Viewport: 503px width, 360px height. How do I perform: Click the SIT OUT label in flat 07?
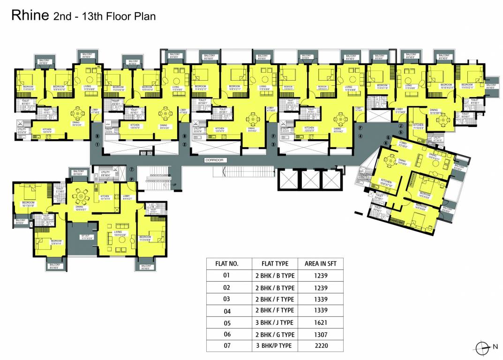87,237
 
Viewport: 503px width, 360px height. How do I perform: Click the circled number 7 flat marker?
132,169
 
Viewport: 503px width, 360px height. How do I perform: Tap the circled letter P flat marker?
132,178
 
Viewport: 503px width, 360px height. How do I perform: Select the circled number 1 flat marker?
98,145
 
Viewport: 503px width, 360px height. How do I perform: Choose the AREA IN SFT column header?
321,263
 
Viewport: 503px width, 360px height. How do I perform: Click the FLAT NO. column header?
227,263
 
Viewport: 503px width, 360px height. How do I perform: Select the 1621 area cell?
321,322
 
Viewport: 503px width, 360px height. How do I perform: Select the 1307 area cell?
321,334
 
